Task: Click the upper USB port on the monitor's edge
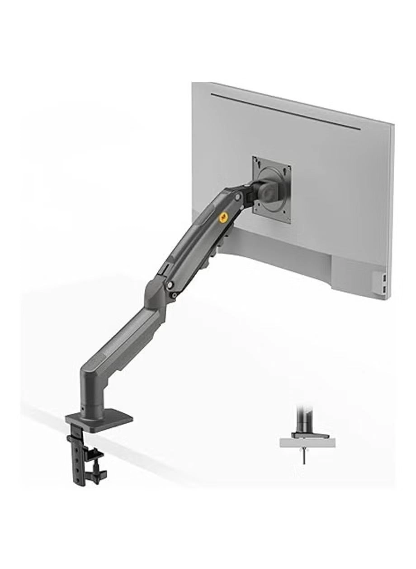384,276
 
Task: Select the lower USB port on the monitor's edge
384,288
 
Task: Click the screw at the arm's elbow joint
170,285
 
